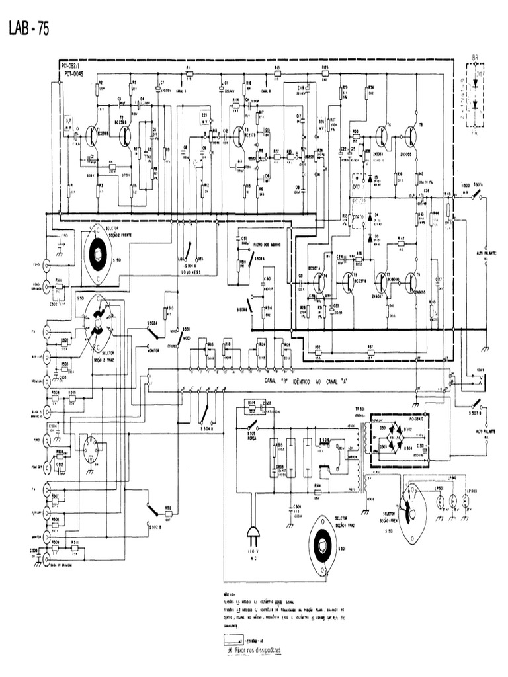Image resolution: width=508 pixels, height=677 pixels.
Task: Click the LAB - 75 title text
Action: pos(28,29)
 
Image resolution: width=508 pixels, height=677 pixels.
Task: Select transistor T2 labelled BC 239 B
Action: pos(124,136)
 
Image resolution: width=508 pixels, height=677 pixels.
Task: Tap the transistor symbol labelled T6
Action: pos(382,136)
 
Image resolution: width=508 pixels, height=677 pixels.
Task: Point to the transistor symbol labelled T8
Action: pos(411,136)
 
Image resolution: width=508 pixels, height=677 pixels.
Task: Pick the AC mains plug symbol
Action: pos(253,534)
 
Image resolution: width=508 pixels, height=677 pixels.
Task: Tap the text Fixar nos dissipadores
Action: pos(254,651)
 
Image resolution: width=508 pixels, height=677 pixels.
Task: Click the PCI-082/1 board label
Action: pos(71,67)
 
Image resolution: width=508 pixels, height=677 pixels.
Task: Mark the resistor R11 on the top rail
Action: pos(189,73)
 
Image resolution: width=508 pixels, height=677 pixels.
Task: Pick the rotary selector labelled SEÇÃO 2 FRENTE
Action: pos(98,253)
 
